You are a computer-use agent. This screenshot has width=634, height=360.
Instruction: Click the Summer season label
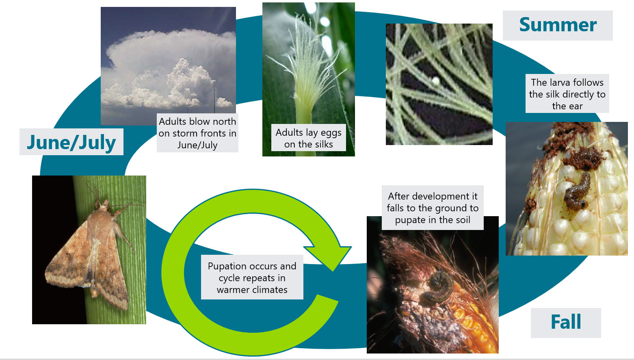tap(558, 25)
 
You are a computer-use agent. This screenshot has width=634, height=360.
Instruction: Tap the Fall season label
tap(565, 322)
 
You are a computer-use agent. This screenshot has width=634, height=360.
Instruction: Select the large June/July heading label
tap(71, 142)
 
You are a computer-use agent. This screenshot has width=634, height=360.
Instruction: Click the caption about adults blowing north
tap(197, 133)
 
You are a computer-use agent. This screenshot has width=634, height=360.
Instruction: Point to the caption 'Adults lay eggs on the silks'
tap(309, 138)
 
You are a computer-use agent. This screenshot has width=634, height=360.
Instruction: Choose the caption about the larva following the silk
tap(567, 94)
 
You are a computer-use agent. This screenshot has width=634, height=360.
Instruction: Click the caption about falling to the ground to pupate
tap(433, 208)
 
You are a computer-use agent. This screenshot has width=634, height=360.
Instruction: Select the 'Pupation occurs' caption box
tap(252, 278)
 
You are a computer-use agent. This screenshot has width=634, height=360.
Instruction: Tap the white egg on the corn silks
tap(436, 81)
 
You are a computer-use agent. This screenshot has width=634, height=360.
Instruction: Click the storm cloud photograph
tap(168, 61)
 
